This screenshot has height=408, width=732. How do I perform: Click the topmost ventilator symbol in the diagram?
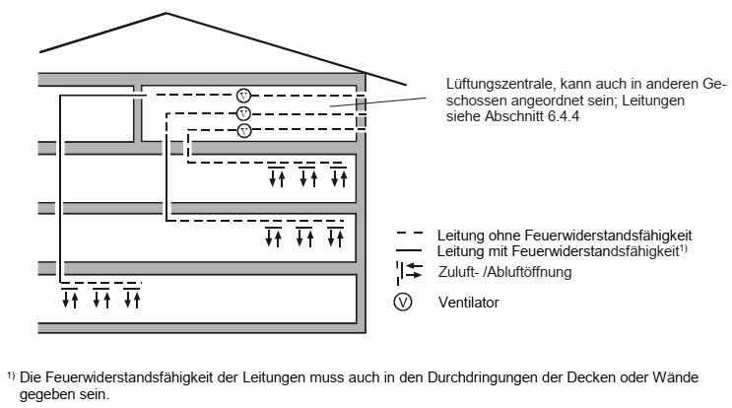coord(243,96)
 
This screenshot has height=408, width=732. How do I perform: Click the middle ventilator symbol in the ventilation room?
coord(243,113)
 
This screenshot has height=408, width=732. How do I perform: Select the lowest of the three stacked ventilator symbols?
coord(243,131)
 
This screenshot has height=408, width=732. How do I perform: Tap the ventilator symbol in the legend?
coord(402,302)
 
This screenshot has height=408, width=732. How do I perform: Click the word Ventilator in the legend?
coord(468,303)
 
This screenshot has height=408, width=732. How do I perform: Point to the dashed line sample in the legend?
coord(410,233)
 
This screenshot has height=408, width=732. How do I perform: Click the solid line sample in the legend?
coord(410,249)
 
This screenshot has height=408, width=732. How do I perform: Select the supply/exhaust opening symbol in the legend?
coord(410,272)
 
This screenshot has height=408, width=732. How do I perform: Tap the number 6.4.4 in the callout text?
coord(564,116)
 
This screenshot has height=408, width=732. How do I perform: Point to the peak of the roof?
coord(166,13)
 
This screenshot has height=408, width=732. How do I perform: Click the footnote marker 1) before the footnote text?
coord(11,374)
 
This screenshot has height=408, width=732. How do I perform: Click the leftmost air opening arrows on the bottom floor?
coord(70,298)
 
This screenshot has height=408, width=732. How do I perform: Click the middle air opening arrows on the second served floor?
coord(304,236)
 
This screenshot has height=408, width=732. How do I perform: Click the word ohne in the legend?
coord(504,236)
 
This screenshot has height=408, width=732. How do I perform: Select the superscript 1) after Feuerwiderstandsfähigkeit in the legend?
coord(683,248)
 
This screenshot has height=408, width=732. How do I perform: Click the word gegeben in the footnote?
coord(45,395)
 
